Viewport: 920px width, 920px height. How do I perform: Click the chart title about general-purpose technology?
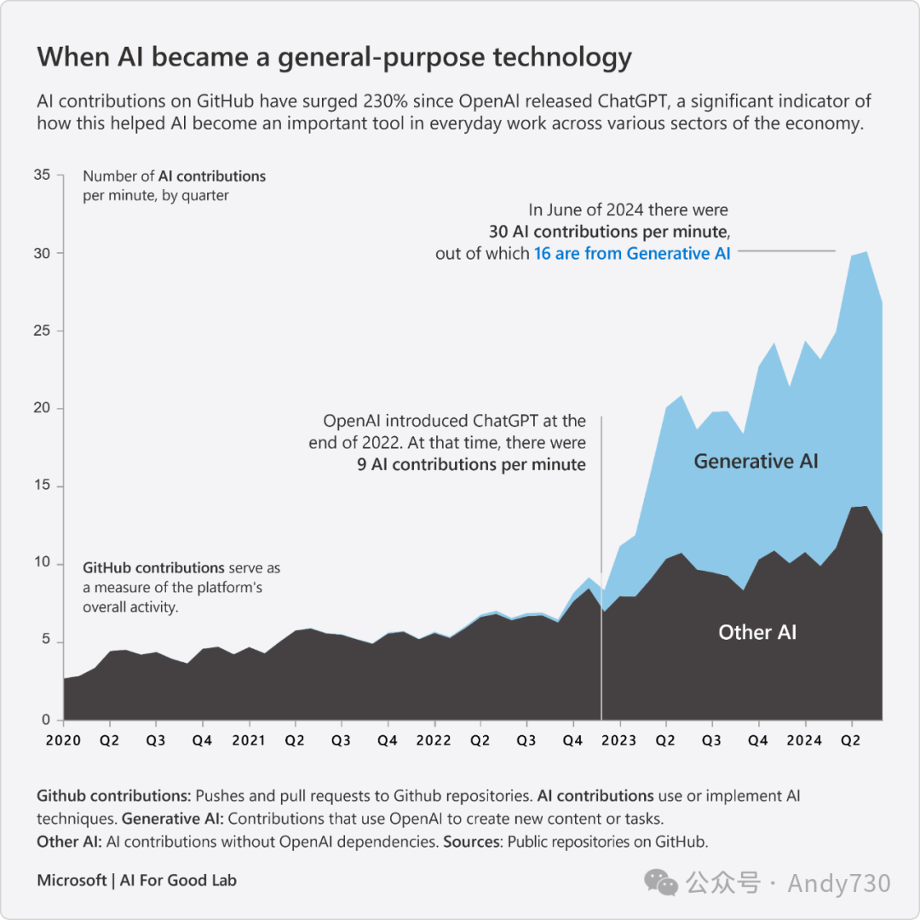pos(334,58)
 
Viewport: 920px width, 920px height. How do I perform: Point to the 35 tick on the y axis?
pos(42,175)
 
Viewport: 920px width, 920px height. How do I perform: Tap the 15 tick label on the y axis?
pos(42,486)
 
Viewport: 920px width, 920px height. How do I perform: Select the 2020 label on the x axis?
pos(63,740)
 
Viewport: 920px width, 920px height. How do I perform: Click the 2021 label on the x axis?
pos(248,740)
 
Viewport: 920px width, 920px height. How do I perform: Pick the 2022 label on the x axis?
pos(434,740)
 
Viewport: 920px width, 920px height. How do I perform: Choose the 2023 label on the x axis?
pos(618,740)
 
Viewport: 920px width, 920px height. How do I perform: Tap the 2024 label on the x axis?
pos(804,740)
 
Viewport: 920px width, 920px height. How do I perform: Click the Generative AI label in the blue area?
pos(756,462)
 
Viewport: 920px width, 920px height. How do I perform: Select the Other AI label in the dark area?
pos(757,632)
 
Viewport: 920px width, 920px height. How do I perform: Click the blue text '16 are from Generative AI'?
pos(632,253)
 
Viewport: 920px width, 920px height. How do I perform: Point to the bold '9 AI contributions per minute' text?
pos(471,464)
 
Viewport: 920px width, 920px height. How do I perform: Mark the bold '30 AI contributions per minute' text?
pos(609,232)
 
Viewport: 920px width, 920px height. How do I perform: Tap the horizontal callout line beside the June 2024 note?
pos(785,251)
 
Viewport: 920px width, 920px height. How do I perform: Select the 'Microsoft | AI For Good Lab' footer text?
pos(136,880)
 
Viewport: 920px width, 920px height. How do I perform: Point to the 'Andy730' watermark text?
pos(838,883)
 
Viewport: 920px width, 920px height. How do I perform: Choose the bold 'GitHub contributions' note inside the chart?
pos(153,568)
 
